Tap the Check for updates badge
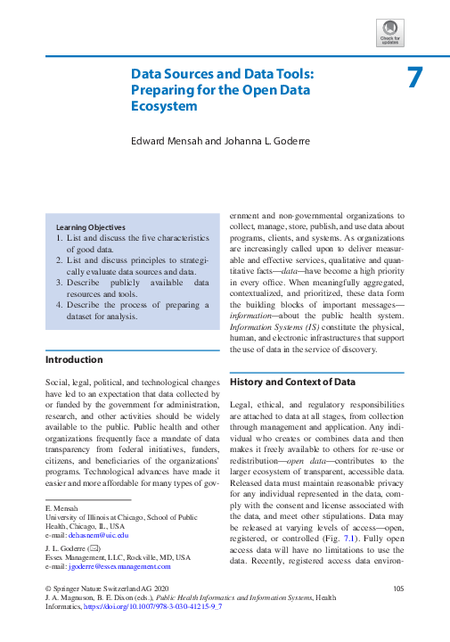[x=391, y=34]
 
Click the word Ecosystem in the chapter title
[x=163, y=106]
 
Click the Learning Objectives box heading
[x=90, y=227]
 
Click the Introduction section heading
[x=74, y=360]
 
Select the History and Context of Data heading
[x=292, y=382]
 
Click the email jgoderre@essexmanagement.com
[x=119, y=566]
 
